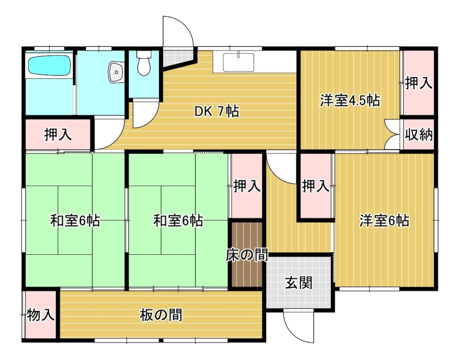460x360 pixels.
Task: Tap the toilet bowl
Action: [144, 63]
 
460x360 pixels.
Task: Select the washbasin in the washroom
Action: [116, 72]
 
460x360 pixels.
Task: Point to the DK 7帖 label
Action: [217, 111]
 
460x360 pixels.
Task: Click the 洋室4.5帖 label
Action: [350, 101]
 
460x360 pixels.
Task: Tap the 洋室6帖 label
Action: [384, 221]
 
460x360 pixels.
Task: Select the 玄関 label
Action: [298, 283]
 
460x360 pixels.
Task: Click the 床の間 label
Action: [247, 255]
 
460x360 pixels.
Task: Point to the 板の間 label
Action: [161, 315]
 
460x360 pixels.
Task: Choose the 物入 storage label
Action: [40, 315]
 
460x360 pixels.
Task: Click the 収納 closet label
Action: [419, 135]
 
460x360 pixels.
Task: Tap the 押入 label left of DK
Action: [58, 135]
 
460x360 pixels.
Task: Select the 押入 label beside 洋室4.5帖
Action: [419, 83]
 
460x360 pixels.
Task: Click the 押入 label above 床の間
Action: [247, 186]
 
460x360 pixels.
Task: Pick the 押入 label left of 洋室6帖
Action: [316, 186]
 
